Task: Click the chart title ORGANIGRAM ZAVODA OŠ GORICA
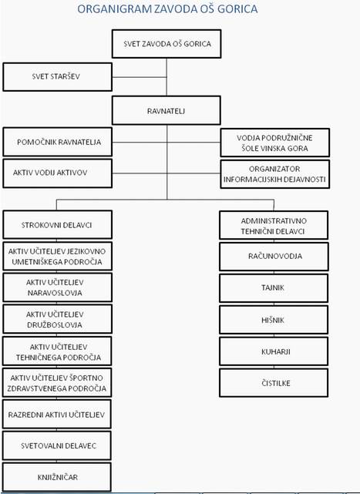167,8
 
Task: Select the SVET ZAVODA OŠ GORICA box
167,44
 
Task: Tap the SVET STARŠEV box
57,77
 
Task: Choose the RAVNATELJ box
167,110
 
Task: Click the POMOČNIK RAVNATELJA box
57,142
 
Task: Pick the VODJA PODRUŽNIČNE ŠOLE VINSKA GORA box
275,143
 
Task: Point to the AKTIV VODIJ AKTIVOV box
57,173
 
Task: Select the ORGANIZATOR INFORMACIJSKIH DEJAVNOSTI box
275,174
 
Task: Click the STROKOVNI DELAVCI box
57,224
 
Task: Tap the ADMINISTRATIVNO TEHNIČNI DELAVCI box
274,225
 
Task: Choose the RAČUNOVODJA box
274,257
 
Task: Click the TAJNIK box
274,288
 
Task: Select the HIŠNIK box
274,320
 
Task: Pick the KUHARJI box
274,351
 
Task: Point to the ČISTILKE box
274,382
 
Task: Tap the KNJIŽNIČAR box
57,477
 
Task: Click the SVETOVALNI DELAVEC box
57,445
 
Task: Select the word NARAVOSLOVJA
55,293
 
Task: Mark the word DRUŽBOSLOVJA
55,324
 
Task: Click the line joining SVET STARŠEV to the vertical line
140,77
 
